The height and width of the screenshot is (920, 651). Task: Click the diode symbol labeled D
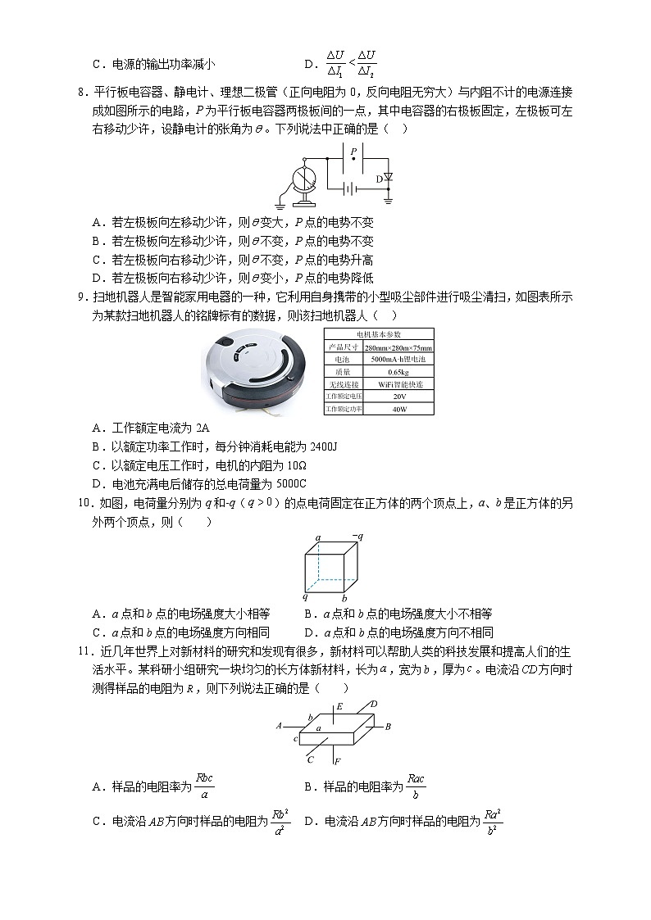pos(388,178)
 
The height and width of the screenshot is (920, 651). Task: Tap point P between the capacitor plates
pos(353,160)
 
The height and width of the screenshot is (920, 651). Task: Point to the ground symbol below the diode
pos(388,199)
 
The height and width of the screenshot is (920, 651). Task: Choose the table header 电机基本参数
pos(379,334)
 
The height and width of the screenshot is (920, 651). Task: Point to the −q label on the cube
pos(357,537)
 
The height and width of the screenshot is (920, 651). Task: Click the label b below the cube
pos(344,598)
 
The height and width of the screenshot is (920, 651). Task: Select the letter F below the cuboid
pos(337,762)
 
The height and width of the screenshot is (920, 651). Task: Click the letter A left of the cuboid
pos(280,726)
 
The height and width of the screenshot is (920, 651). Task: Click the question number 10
pos(84,504)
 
